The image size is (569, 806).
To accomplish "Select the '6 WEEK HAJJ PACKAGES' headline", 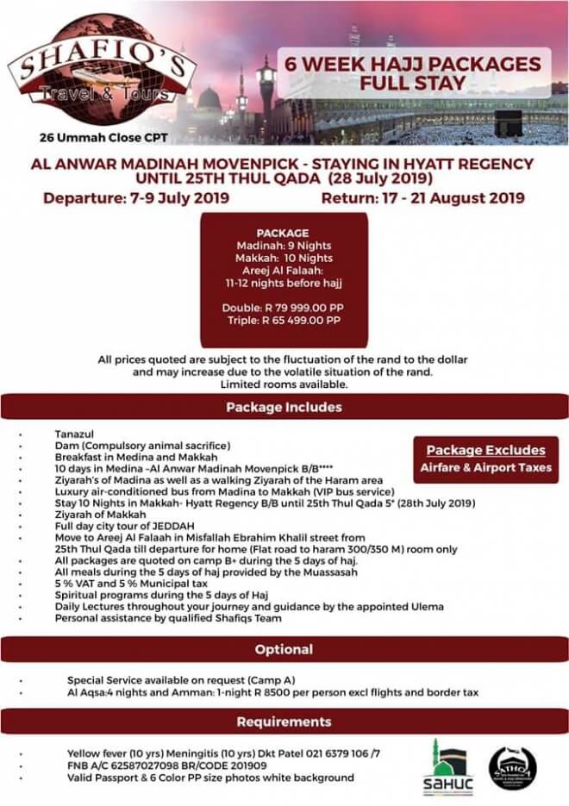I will point(402,64).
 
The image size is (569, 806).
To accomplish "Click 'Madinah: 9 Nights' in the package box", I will point(284,245).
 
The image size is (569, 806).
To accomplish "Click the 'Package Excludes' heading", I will point(485,450).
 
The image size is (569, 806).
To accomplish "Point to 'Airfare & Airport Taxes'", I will point(485,468).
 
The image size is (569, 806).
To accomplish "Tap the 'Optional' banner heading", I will point(284,649).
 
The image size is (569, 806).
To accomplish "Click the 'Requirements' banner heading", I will point(284,721).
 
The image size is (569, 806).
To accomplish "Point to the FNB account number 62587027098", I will point(152,764).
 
